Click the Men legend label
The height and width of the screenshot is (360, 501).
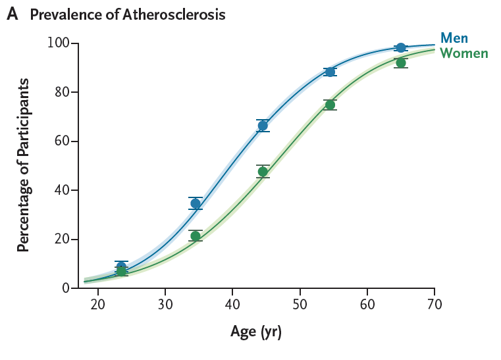(454, 38)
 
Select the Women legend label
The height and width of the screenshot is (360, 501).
(464, 53)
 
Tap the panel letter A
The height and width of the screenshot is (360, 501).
(12, 14)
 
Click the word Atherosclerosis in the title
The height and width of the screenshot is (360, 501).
(174, 14)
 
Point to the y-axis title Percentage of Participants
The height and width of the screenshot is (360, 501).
(23, 165)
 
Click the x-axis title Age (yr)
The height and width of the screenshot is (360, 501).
(256, 332)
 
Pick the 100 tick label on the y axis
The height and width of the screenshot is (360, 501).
(58, 43)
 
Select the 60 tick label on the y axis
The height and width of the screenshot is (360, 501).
(62, 141)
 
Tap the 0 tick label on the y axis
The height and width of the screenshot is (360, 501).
(66, 288)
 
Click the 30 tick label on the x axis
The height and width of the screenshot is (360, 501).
(165, 305)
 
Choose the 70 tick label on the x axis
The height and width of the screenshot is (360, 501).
(435, 305)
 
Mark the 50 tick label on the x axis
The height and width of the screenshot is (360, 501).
(300, 305)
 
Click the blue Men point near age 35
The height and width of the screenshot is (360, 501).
(196, 203)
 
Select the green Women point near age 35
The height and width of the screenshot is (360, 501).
(196, 236)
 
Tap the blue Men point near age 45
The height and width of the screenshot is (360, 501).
(263, 126)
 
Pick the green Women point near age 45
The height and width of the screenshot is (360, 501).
(263, 172)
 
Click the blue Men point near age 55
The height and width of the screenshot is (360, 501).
(330, 72)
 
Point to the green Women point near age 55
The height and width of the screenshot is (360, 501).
(330, 105)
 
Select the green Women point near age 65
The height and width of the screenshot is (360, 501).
(401, 63)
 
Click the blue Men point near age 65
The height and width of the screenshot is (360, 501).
(401, 48)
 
